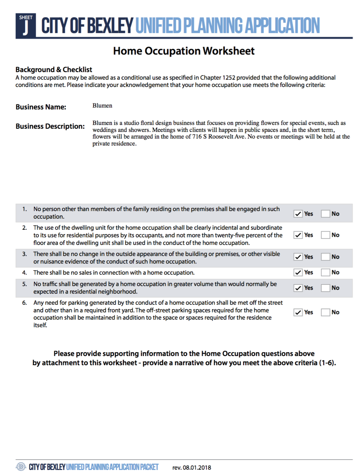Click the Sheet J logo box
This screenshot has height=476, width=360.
pyautogui.click(x=26, y=26)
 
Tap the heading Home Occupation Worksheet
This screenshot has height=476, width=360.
pyautogui.click(x=183, y=51)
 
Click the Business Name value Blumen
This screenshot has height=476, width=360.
pyautogui.click(x=102, y=106)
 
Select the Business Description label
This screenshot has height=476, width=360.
pyautogui.click(x=50, y=126)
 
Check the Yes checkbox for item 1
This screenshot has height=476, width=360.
pyautogui.click(x=298, y=214)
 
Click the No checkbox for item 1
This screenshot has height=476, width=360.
pyautogui.click(x=326, y=214)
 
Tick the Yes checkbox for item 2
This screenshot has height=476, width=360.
pyautogui.click(x=298, y=235)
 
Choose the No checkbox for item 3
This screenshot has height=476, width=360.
pyautogui.click(x=326, y=257)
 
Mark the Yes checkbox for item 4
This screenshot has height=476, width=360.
pyautogui.click(x=298, y=272)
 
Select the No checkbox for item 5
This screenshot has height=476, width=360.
pyautogui.click(x=326, y=288)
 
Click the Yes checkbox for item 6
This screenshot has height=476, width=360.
pyautogui.click(x=298, y=312)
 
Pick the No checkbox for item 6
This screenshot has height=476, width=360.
pyautogui.click(x=326, y=312)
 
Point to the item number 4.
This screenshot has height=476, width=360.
pyautogui.click(x=24, y=273)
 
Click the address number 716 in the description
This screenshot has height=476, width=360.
pyautogui.click(x=197, y=137)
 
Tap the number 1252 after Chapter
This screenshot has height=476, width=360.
pyautogui.click(x=229, y=78)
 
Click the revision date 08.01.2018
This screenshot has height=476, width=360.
pyautogui.click(x=197, y=467)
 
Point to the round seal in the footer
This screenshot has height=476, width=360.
pyautogui.click(x=21, y=467)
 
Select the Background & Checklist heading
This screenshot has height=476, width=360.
pyautogui.click(x=54, y=70)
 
